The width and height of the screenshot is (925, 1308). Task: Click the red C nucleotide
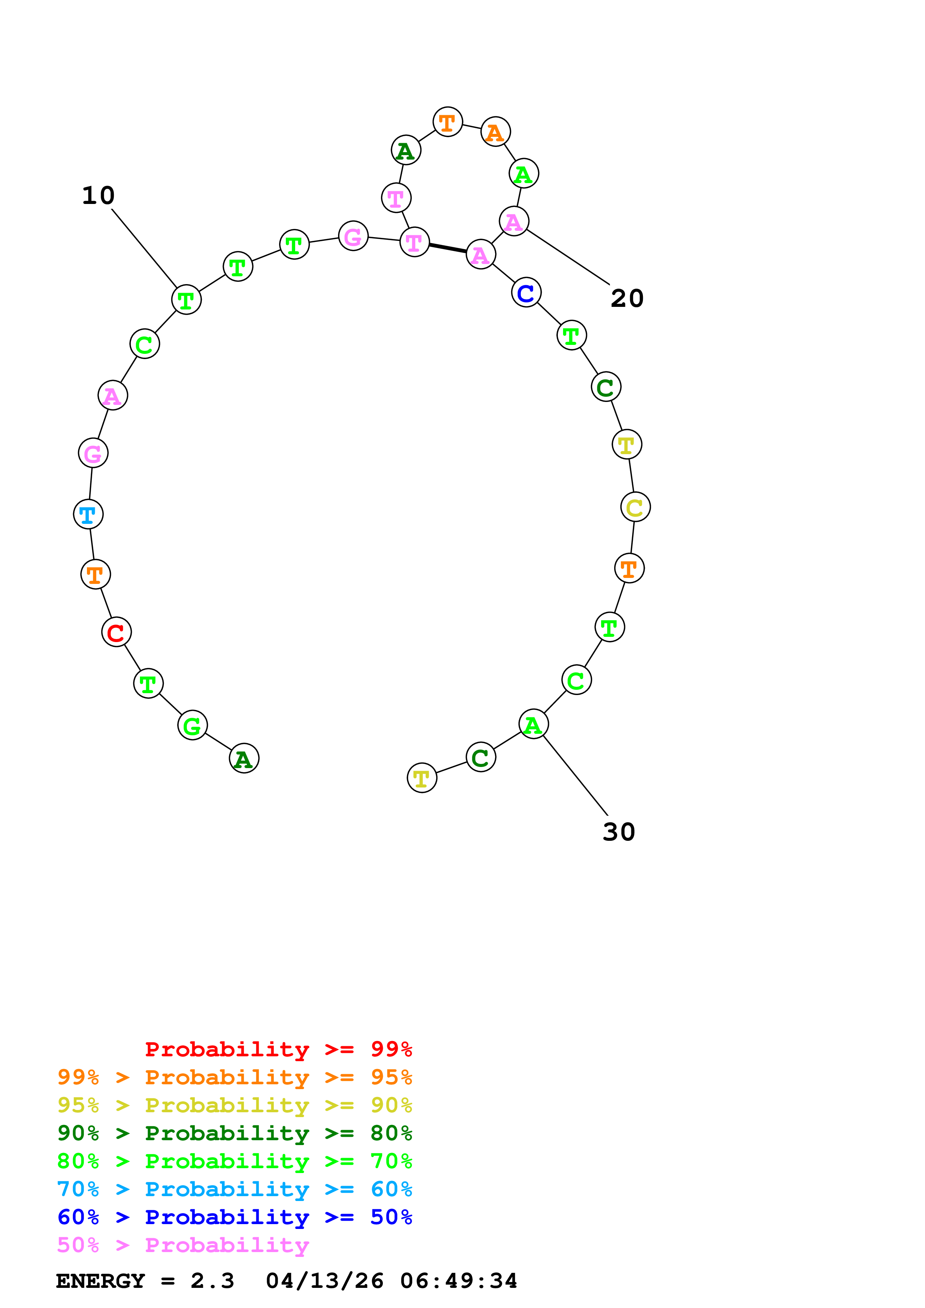point(116,632)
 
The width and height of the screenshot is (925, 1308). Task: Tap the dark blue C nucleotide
point(526,293)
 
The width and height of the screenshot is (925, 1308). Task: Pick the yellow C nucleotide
point(635,507)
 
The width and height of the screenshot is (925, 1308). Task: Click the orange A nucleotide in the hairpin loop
point(495,132)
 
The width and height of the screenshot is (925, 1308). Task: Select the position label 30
point(619,832)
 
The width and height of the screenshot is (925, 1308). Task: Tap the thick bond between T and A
point(448,248)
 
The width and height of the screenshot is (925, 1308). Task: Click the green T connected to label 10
point(186,300)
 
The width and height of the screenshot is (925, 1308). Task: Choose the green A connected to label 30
point(534,724)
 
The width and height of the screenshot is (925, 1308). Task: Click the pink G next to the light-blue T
point(93,453)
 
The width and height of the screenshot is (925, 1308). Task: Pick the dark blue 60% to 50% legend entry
point(234,1217)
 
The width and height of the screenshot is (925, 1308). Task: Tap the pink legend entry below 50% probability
point(183,1245)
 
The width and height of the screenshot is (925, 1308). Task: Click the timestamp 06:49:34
point(459,1281)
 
